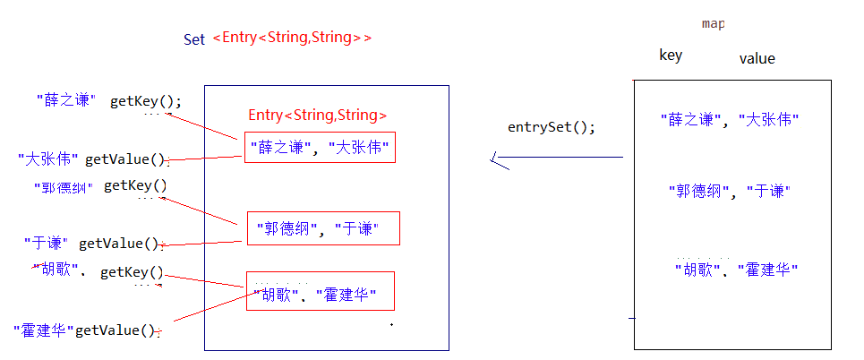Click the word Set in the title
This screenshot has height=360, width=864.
coord(194,39)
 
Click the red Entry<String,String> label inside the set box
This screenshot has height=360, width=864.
coord(318,115)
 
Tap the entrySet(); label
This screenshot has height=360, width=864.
coord(551,126)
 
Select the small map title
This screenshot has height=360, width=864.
coord(713,23)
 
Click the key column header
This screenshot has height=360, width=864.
coord(671,56)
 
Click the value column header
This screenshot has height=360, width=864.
coord(757,58)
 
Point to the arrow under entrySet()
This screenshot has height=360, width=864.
coord(556,159)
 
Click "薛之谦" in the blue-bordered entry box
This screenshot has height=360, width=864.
coord(278,149)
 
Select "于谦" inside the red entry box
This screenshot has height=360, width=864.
coord(356,229)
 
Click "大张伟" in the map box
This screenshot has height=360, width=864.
coord(768,119)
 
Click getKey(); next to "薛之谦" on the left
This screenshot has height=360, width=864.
coord(145,101)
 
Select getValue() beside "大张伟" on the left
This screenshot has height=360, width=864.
coord(125,160)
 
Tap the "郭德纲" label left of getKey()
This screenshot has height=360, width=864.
coord(62,187)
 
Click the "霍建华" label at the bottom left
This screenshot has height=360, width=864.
coord(43,330)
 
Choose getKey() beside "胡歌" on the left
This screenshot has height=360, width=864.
coord(132,273)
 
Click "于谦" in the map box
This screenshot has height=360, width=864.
coord(768,191)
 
